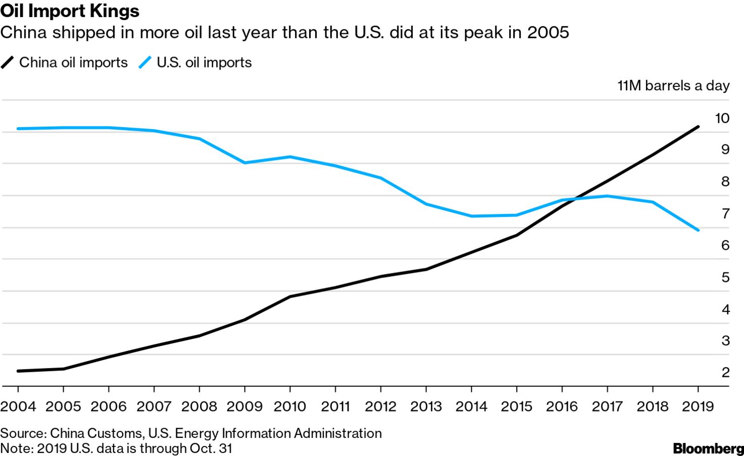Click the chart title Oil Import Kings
click(x=70, y=11)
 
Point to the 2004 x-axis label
click(x=18, y=406)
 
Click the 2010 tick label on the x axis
click(x=290, y=406)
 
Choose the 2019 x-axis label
click(x=698, y=406)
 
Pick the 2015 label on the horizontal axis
click(x=517, y=406)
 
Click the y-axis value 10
click(x=722, y=118)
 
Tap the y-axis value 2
click(x=725, y=372)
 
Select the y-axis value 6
click(x=725, y=245)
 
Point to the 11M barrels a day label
click(x=673, y=86)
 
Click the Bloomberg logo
click(x=708, y=448)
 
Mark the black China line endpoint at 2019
click(x=698, y=127)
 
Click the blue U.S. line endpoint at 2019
click(x=698, y=230)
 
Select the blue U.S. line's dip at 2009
click(x=245, y=162)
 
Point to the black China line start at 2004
click(x=18, y=371)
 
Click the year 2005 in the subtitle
click(x=548, y=33)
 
